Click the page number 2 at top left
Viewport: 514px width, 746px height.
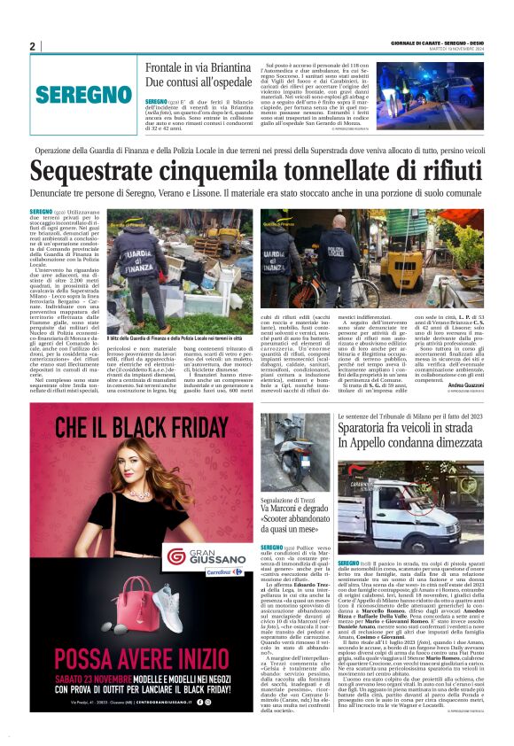click(32, 47)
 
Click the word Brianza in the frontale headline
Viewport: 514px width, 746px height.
click(229, 67)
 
